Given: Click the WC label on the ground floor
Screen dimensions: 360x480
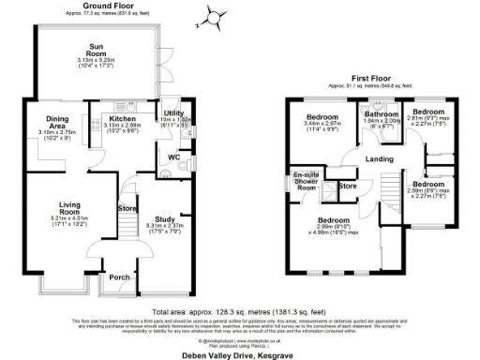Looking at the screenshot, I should pyautogui.click(x=173, y=156).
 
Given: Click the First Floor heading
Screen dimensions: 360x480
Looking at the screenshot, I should pyautogui.click(x=370, y=79).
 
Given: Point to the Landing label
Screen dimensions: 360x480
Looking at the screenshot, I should pyautogui.click(x=379, y=158).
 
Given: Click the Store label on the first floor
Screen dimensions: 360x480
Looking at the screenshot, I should pyautogui.click(x=347, y=186).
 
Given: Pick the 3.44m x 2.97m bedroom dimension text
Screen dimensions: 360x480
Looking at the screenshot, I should pyautogui.click(x=322, y=123).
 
